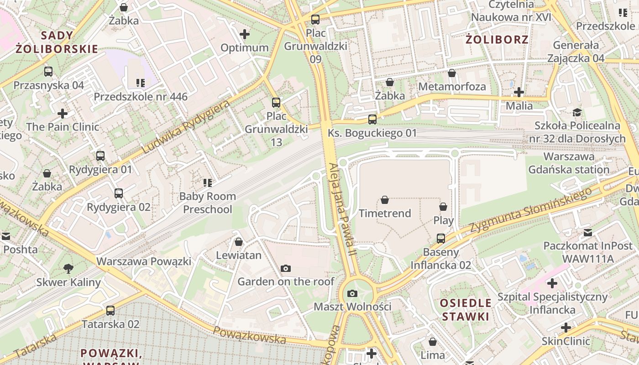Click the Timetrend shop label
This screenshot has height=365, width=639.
point(385,213)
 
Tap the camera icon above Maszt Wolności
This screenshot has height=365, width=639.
point(352,293)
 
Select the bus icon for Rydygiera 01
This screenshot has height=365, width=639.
point(100,156)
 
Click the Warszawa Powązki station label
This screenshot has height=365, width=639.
point(144,261)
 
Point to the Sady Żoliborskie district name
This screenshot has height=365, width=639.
point(57,42)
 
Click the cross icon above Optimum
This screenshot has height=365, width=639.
point(245,34)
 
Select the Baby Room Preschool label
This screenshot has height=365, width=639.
point(208,203)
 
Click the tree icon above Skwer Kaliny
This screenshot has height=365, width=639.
point(68,268)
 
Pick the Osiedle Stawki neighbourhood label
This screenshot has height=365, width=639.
point(466,309)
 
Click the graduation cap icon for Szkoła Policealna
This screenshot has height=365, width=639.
point(577,112)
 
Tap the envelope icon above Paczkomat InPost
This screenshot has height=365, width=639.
point(587,233)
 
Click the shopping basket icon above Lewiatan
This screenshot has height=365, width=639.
point(238,242)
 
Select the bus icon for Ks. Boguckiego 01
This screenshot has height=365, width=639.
point(372,120)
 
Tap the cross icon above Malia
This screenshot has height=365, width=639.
point(519,92)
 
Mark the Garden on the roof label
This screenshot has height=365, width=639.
point(286,281)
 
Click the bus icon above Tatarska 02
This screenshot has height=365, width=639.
point(110,311)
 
